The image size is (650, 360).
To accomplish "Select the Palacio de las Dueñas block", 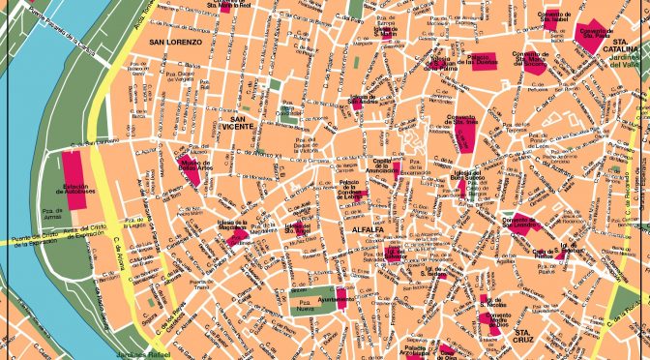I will click(x=483, y=62).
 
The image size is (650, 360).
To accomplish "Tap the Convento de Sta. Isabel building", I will click(x=552, y=16).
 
